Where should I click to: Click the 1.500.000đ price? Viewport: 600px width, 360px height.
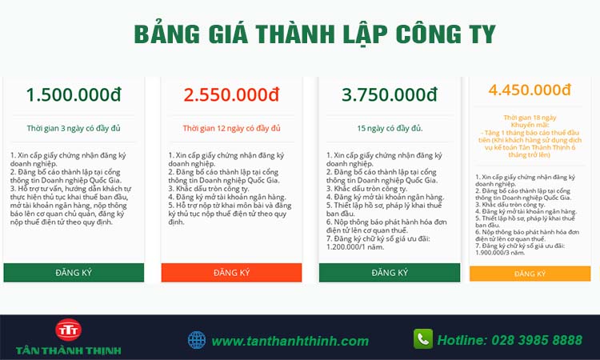[x=74, y=94]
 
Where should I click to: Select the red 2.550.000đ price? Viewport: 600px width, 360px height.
[x=231, y=94]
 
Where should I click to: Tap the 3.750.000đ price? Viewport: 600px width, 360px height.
[x=389, y=94]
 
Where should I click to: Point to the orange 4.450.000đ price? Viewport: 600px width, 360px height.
[x=530, y=90]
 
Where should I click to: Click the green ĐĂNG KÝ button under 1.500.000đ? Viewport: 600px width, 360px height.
[x=74, y=272]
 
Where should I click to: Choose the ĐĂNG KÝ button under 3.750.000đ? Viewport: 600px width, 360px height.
[x=390, y=272]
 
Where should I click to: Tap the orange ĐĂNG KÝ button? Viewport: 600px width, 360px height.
[x=530, y=274]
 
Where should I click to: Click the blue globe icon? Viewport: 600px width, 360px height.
[x=197, y=340]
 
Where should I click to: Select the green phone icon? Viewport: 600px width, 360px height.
[x=423, y=338]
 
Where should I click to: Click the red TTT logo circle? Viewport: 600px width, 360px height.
[x=68, y=330]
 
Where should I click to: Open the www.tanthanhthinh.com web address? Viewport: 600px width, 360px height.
[x=290, y=341]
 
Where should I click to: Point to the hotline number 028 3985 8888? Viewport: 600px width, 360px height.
[x=537, y=340]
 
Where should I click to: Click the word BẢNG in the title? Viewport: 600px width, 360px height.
[x=167, y=34]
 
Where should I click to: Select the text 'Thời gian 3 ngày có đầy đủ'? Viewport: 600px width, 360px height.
[x=74, y=128]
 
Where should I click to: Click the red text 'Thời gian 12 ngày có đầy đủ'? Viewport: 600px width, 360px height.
[x=231, y=128]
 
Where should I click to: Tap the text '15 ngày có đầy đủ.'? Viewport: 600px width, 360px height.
[x=390, y=128]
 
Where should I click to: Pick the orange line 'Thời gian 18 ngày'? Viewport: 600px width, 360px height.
[x=530, y=118]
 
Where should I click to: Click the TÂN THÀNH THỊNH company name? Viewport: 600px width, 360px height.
[x=69, y=350]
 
